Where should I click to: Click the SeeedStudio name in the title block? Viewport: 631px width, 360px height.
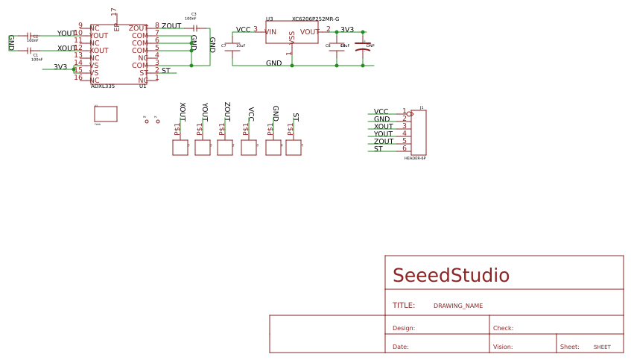(x=451, y=276)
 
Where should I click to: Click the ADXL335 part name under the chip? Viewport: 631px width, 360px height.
(x=103, y=86)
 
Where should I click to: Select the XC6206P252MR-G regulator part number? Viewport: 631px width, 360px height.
(x=315, y=19)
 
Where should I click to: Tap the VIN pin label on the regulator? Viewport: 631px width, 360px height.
(x=270, y=32)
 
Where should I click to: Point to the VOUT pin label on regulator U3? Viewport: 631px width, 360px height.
(x=309, y=32)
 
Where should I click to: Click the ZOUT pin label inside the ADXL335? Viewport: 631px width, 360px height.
(x=138, y=28)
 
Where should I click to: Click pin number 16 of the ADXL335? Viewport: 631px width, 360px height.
(x=78, y=78)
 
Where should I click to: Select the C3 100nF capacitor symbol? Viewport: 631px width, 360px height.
(x=194, y=28)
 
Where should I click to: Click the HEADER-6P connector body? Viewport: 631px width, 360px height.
(x=419, y=132)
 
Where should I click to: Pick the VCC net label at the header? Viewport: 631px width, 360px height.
(x=381, y=112)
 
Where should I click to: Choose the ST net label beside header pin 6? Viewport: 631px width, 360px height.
(x=378, y=149)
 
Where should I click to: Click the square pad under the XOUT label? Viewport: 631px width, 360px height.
(x=180, y=148)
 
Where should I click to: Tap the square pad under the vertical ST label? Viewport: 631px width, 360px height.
(x=294, y=148)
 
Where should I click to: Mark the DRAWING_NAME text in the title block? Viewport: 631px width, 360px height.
(x=458, y=306)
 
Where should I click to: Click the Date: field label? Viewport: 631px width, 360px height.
(x=401, y=347)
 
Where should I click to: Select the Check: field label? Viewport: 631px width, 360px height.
(x=503, y=328)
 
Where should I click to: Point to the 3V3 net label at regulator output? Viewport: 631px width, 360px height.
(x=347, y=30)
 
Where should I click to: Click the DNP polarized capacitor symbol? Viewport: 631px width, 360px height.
(x=363, y=49)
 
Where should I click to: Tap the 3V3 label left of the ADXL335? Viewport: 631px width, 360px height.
(x=60, y=67)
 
